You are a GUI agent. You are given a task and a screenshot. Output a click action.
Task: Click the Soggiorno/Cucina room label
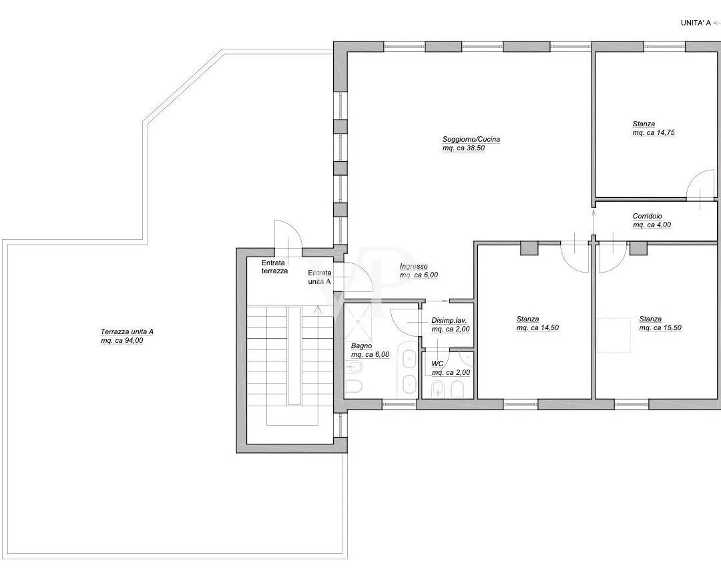tap(471, 139)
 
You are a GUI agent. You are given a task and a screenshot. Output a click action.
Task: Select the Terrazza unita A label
tap(127, 331)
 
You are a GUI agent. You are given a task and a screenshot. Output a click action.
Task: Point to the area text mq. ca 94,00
tap(122, 341)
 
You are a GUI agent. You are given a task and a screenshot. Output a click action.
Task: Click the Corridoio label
tap(647, 216)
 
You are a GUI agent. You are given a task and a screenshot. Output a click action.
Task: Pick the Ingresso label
tap(413, 267)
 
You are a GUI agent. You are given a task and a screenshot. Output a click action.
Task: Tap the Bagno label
tap(361, 345)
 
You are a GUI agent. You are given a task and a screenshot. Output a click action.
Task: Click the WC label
tap(437, 364)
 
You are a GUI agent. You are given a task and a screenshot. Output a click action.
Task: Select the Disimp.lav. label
tap(449, 320)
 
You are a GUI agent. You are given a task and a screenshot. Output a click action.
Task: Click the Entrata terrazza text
tap(274, 267)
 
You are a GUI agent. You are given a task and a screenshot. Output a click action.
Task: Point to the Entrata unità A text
tap(320, 277)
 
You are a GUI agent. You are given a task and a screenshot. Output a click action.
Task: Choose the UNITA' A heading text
tap(696, 23)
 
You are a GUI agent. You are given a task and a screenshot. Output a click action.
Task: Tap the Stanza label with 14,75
tap(644, 124)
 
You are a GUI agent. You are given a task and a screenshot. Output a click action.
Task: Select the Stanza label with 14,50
tap(527, 319)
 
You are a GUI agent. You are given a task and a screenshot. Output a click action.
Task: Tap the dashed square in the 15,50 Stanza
tap(614, 335)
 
